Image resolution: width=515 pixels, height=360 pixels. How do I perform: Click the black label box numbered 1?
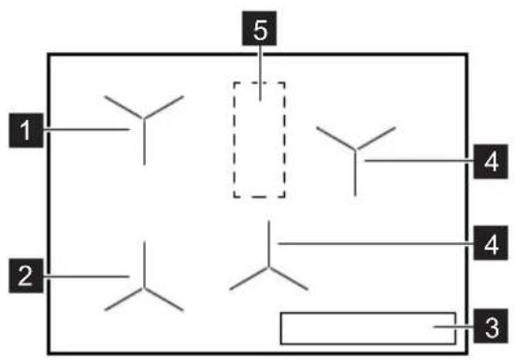[x=26, y=130]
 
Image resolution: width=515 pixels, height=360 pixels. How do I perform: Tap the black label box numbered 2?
[x=26, y=276]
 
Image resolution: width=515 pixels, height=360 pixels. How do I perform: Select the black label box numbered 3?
[x=491, y=325]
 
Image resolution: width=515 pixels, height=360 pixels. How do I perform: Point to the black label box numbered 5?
[x=260, y=28]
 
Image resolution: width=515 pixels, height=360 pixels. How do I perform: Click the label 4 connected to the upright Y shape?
[x=491, y=161]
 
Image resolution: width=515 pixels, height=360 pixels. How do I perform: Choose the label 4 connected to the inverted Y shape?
[x=491, y=243]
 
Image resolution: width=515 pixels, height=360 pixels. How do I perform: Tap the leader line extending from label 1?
[x=86, y=130]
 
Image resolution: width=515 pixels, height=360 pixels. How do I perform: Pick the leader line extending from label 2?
[x=86, y=277]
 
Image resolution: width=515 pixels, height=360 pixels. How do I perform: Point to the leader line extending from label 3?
[x=453, y=327]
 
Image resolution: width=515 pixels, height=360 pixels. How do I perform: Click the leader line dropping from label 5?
[x=260, y=73]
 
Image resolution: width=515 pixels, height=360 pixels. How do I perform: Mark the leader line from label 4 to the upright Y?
[x=419, y=161]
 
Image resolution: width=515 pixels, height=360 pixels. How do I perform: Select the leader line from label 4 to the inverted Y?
[x=376, y=244]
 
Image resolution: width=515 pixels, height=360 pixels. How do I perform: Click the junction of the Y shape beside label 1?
[x=144, y=118]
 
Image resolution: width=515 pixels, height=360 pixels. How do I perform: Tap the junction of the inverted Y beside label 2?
[x=144, y=288]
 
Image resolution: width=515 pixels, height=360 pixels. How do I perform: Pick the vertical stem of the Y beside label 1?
[x=144, y=141]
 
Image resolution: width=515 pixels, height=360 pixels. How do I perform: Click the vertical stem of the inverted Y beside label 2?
[x=144, y=265]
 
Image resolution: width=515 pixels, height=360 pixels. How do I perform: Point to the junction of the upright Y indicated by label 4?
[x=355, y=150]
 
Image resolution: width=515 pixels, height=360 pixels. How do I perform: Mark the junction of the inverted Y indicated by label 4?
[x=268, y=267]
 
